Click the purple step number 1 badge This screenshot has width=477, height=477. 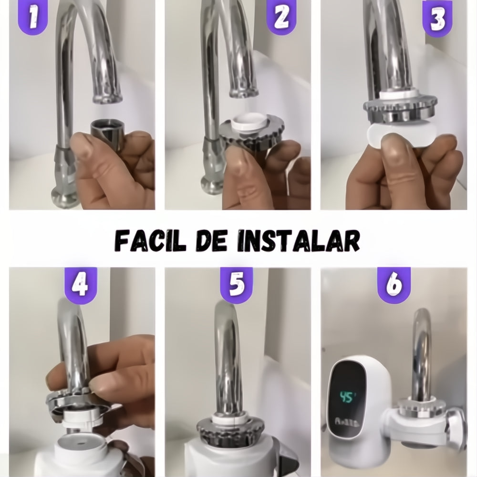(x=33, y=17)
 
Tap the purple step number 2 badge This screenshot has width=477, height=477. (x=281, y=17)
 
